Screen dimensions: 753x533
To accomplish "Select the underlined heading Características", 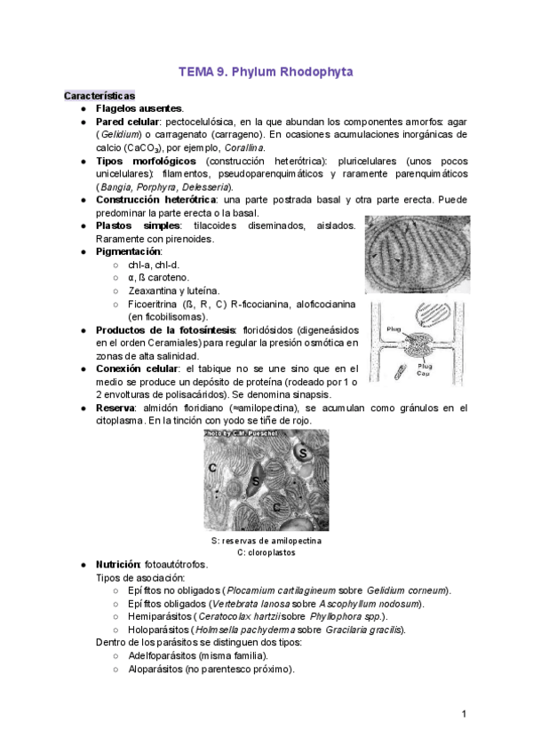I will click(x=99, y=94).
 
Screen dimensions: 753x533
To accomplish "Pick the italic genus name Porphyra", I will click(x=156, y=186).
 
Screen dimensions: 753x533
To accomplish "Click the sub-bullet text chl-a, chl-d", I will click(x=155, y=265).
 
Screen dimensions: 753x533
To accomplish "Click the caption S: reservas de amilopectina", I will click(x=266, y=541).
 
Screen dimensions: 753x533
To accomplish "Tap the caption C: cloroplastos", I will click(x=266, y=552).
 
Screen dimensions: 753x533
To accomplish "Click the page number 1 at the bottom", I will click(x=464, y=714).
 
